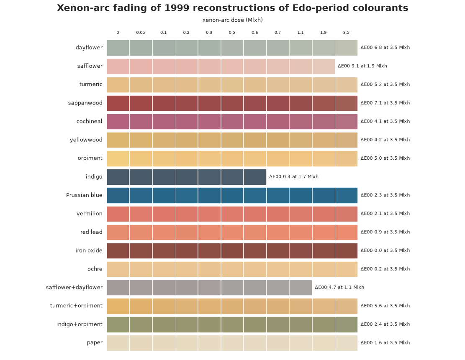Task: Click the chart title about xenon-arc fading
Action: [233, 8]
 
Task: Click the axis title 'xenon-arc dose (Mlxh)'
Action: [233, 20]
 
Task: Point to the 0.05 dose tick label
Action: [141, 33]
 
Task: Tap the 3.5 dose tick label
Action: [346, 33]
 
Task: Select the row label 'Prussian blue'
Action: [84, 195]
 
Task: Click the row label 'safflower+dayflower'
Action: [74, 287]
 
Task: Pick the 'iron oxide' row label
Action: [89, 250]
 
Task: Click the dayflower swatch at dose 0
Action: [118, 48]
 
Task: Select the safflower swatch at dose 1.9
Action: [324, 66]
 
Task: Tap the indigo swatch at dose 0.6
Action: [255, 177]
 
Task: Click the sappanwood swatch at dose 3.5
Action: [347, 103]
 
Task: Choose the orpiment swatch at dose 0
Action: [118, 158]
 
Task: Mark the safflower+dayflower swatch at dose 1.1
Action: [301, 288]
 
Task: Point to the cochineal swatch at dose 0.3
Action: [209, 122]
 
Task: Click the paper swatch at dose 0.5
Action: [232, 343]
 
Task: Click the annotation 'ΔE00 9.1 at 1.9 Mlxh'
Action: [362, 66]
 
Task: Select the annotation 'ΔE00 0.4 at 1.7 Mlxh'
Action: [294, 176]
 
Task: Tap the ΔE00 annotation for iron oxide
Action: [385, 250]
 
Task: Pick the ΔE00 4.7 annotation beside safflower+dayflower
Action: [339, 287]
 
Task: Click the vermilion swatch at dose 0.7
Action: [278, 214]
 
